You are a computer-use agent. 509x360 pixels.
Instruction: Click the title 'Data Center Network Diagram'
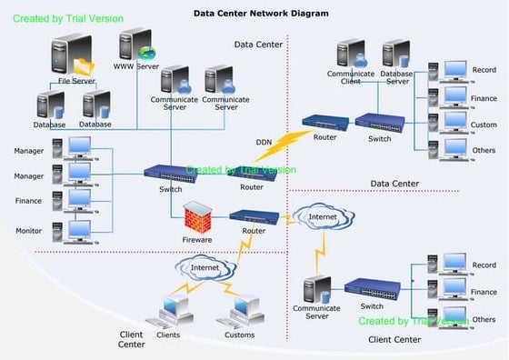coord(261,14)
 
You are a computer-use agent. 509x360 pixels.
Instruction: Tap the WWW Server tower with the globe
coord(136,45)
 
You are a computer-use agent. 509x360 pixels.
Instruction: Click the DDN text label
coord(264,142)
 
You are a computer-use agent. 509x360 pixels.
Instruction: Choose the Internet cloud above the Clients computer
coord(204,267)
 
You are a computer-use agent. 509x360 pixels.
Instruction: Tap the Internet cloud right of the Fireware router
coord(321,218)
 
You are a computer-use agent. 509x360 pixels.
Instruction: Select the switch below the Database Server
coord(374,121)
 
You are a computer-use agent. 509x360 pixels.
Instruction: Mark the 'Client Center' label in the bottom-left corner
coord(131,339)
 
